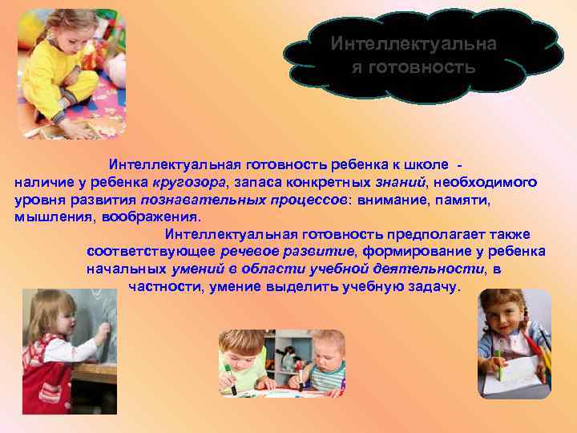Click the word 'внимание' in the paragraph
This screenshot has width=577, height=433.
pyautogui.click(x=391, y=200)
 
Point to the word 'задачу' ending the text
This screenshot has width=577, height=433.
pyautogui.click(x=434, y=286)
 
